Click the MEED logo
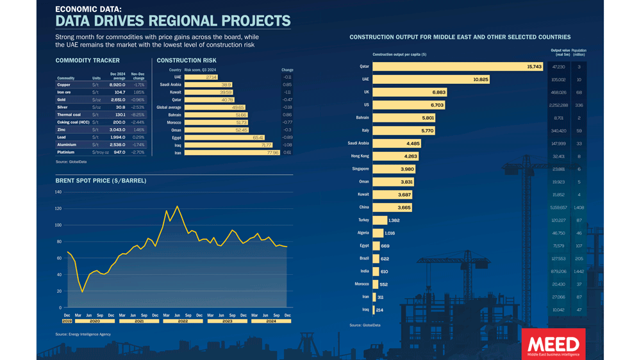553,344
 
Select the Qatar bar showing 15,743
458,67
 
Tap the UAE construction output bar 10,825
431,79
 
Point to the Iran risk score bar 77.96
232,152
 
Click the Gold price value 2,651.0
117,100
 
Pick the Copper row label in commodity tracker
64,85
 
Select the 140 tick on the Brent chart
58,192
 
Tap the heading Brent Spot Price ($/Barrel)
101,181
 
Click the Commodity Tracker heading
88,61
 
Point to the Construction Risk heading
187,61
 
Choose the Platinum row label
66,152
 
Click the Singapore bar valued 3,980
394,169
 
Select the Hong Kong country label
360,156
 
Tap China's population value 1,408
579,208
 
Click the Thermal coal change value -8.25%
138,115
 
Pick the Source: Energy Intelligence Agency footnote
83,334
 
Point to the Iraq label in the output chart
365,310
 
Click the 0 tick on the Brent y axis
60,308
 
